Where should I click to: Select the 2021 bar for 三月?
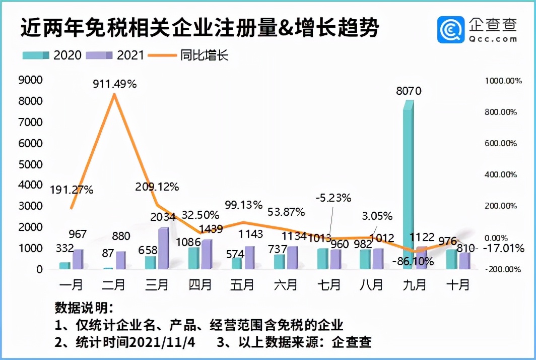click(x=163, y=249)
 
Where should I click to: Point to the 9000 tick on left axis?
click(x=30, y=80)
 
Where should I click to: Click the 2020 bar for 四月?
click(x=193, y=258)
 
